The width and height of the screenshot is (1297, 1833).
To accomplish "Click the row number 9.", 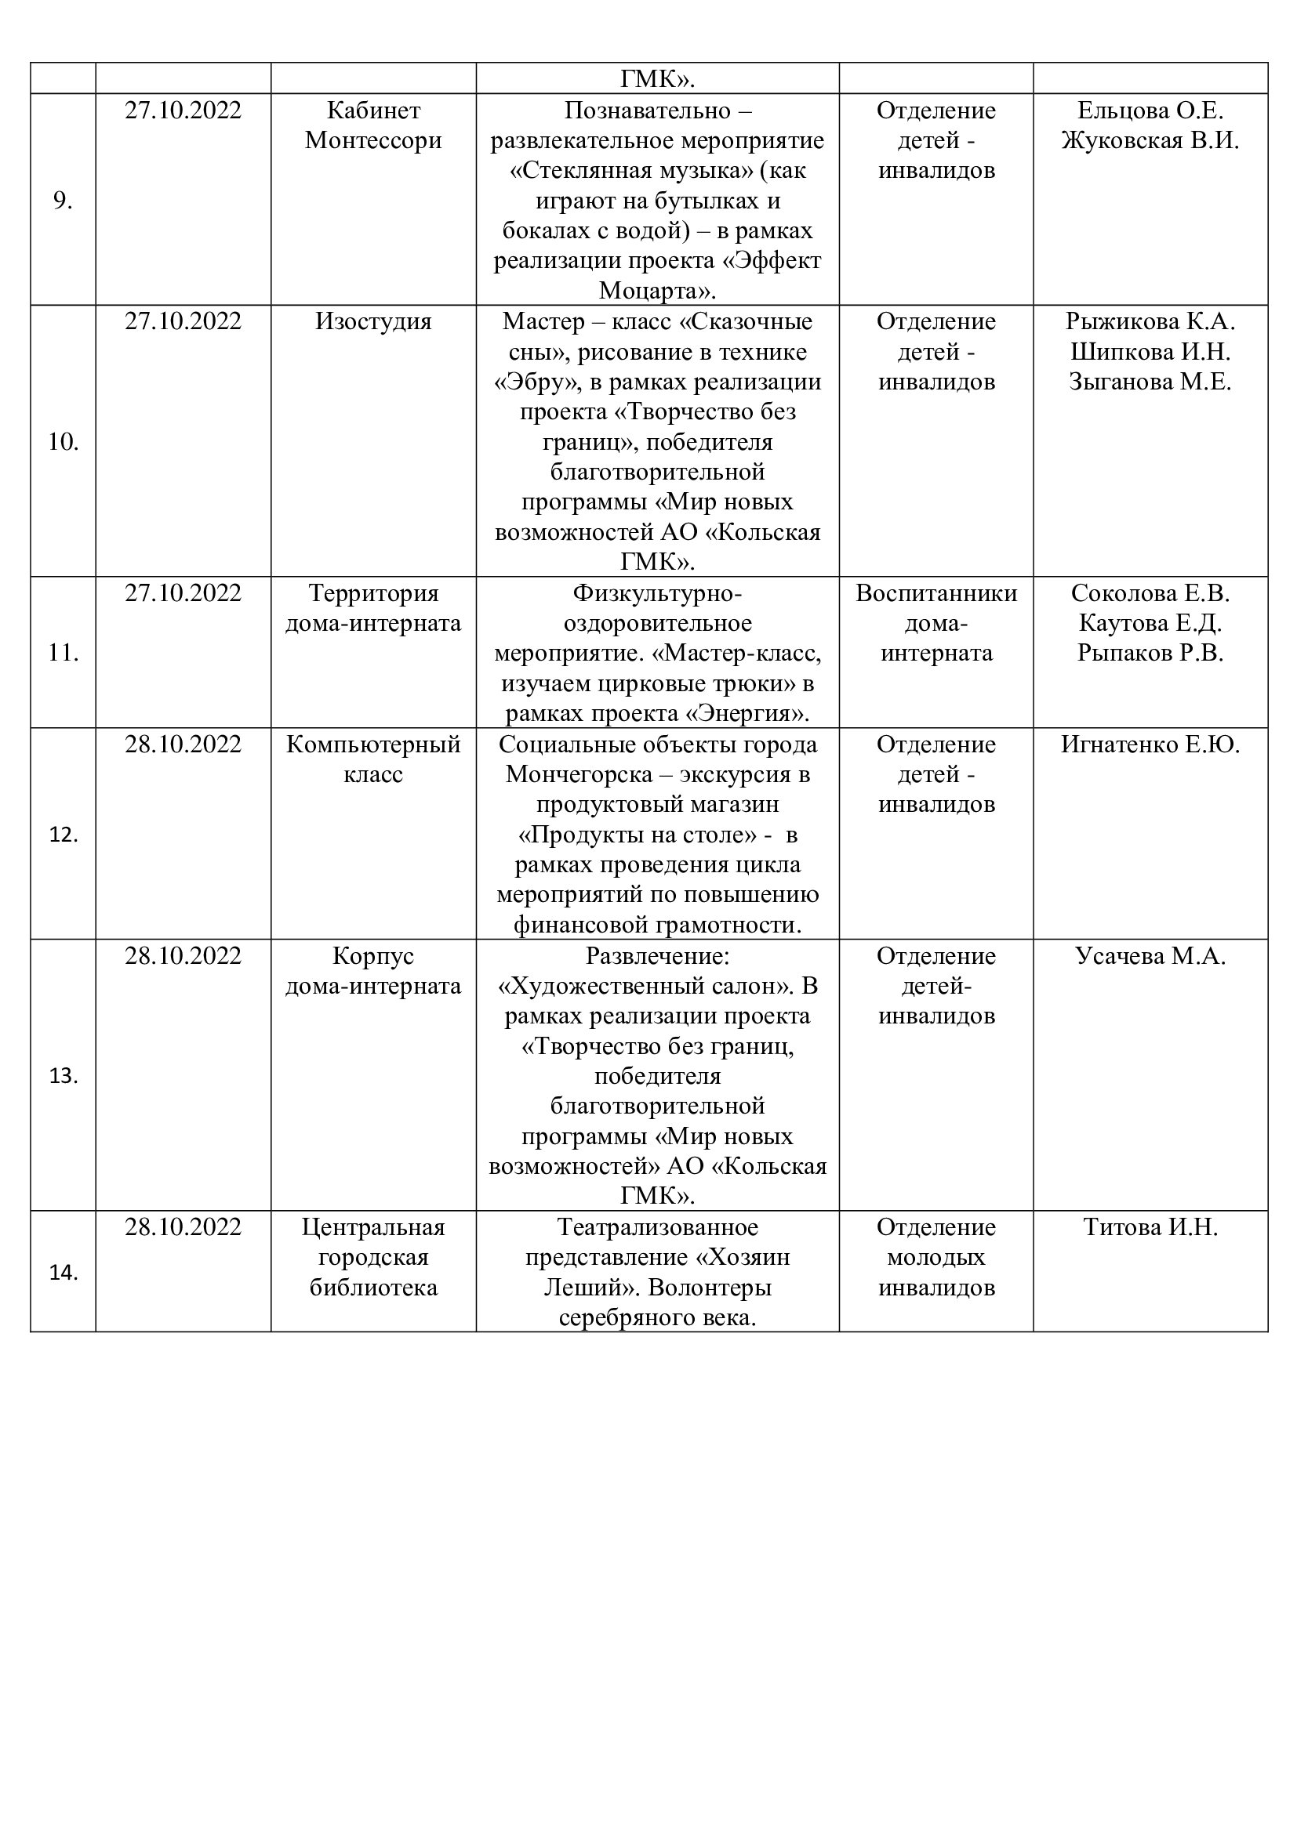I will (62, 201).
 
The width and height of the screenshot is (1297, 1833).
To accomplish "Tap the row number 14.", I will (62, 1273).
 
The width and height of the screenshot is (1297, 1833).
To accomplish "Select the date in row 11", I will (183, 593).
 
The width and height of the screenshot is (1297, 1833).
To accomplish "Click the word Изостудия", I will (373, 322).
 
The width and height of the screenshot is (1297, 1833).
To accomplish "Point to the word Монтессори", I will (373, 140).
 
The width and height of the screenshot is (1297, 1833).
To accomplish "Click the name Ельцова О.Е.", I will (1150, 110).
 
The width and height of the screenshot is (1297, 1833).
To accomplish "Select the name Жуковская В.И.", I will (1150, 140).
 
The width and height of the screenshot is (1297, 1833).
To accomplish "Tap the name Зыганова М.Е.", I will (1150, 382).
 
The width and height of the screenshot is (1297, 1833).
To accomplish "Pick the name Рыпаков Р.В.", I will (1150, 653).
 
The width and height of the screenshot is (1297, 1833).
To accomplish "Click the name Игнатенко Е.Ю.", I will (1150, 744).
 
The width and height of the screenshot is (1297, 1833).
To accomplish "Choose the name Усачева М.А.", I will (1150, 955).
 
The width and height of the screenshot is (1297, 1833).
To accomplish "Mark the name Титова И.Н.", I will (1150, 1227).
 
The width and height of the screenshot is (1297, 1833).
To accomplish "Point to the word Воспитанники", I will (936, 593).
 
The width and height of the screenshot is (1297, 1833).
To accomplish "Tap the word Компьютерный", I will (373, 744).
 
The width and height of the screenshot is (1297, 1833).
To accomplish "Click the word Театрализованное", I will (657, 1227).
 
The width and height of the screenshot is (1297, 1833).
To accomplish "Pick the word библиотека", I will (373, 1287).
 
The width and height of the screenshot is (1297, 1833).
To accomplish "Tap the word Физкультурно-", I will (657, 593).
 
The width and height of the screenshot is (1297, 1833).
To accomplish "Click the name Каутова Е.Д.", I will (1150, 623).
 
